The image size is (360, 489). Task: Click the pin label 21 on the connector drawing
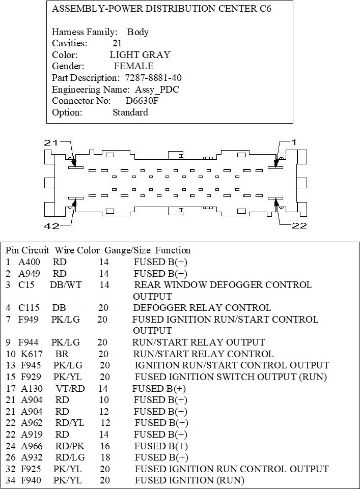[51, 143]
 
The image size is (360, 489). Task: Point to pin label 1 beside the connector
[293, 143]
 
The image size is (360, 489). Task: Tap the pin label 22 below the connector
[297, 226]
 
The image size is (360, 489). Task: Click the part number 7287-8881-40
[153, 78]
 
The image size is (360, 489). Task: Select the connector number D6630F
[143, 101]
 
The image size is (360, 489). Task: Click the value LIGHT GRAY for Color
[140, 55]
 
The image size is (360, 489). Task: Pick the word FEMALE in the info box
[133, 66]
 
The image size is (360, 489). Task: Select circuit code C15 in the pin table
[26, 285]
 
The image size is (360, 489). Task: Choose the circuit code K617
[31, 354]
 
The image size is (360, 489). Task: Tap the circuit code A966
[32, 446]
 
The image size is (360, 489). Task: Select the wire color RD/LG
[69, 457]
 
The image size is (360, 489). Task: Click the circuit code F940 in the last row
[31, 480]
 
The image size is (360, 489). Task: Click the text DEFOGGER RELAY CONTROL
[202, 308]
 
